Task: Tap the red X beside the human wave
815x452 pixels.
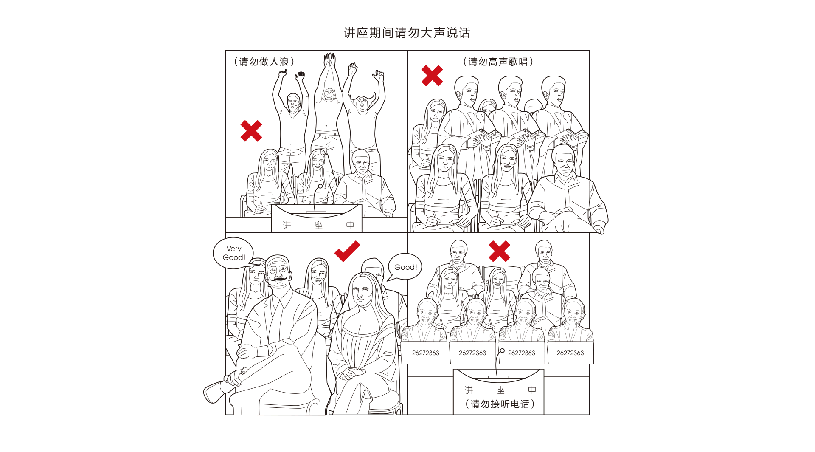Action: pos(251,131)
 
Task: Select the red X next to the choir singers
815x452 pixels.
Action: pos(432,76)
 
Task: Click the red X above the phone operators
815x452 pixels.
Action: pos(499,251)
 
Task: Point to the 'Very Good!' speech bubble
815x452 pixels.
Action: pos(233,253)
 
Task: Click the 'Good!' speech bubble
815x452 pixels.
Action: pos(405,267)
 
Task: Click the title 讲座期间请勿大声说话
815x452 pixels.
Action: pos(407,33)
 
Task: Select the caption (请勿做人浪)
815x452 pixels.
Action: pos(264,62)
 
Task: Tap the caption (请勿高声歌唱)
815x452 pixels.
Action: pos(498,62)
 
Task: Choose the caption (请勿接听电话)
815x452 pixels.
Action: pos(500,404)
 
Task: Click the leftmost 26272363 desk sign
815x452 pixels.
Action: pos(425,353)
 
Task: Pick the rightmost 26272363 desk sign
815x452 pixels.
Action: pos(570,353)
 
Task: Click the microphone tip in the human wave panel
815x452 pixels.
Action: pos(320,186)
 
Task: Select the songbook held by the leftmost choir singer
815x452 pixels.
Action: pos(484,135)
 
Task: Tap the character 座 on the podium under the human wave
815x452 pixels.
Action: pos(318,225)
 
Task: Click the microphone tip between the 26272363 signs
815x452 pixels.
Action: pos(502,351)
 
